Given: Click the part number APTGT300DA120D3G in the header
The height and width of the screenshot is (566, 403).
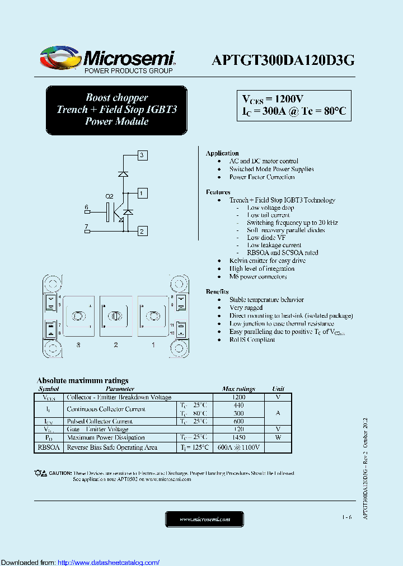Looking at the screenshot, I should click(x=283, y=61).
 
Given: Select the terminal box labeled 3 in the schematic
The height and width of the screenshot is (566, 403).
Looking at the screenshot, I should click(x=142, y=155).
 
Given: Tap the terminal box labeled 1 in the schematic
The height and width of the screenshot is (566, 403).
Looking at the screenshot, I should click(x=143, y=194).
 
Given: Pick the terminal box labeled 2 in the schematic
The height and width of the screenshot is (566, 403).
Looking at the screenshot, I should click(x=142, y=231).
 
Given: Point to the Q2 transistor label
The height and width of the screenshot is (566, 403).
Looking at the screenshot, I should click(x=110, y=196).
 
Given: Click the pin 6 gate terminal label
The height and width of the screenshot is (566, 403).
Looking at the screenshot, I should click(x=87, y=207).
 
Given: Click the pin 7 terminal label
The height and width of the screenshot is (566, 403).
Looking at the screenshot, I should click(x=86, y=227).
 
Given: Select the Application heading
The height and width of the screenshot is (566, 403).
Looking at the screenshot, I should click(x=222, y=153).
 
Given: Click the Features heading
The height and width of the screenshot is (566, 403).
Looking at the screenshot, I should click(x=218, y=192).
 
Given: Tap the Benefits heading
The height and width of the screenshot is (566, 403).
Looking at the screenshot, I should click(x=217, y=291).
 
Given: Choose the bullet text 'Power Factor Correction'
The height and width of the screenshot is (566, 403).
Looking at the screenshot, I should click(x=262, y=177).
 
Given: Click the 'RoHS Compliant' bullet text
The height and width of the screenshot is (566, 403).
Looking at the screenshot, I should click(x=252, y=339).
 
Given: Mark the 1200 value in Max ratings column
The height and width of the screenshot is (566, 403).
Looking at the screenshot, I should click(x=238, y=397).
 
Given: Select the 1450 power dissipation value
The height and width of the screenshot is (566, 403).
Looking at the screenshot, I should click(x=238, y=437).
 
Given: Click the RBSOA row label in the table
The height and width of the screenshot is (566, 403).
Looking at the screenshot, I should click(x=49, y=447).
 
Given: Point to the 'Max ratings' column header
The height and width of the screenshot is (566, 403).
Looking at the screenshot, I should click(x=238, y=389).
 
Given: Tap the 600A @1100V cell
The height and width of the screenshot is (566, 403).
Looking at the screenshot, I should click(x=238, y=447).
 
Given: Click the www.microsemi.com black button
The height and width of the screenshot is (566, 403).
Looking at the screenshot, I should click(x=205, y=519).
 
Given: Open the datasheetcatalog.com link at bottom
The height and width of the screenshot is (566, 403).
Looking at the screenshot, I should click(x=109, y=563).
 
